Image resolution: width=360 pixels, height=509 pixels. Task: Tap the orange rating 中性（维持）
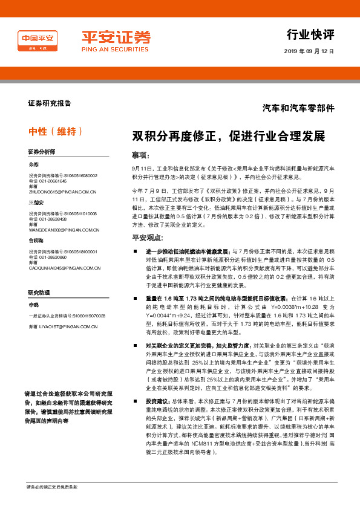(x=55, y=131)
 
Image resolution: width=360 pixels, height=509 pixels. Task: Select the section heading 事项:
(x=140, y=155)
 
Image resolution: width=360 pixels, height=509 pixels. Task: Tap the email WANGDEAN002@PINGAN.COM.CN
(x=64, y=230)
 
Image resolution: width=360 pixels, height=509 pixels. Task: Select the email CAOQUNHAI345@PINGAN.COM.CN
(x=65, y=268)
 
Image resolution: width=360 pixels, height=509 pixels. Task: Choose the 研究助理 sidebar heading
(x=38, y=293)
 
